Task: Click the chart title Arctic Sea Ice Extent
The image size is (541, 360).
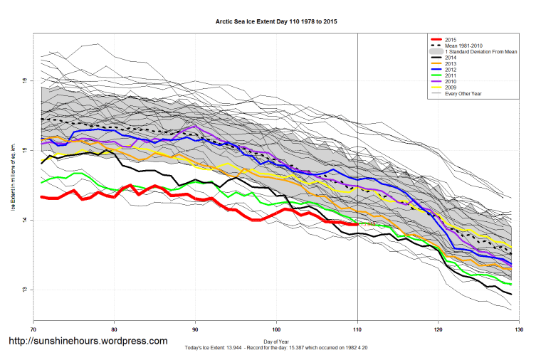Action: (x=276, y=22)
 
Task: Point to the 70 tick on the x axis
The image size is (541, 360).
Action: (x=33, y=329)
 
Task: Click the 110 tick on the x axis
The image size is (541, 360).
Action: (x=357, y=329)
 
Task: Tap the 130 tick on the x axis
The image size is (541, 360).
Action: (x=519, y=329)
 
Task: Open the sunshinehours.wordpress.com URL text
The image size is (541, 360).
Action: (x=88, y=342)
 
